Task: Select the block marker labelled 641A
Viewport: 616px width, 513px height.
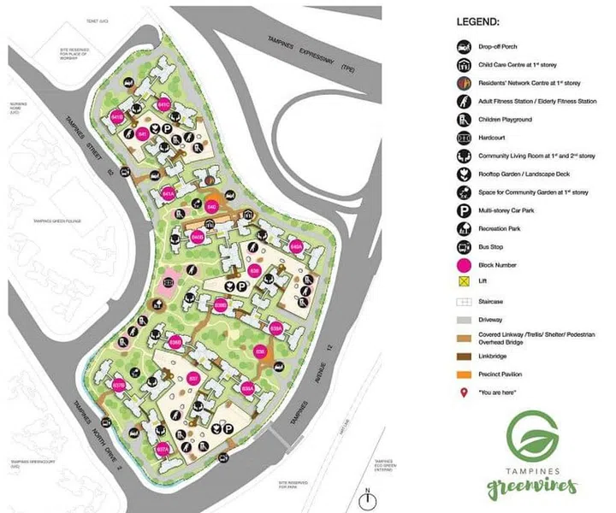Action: pos(169,193)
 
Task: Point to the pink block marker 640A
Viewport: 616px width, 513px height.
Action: pos(297,247)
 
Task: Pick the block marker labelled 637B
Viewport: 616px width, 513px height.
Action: pos(119,386)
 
